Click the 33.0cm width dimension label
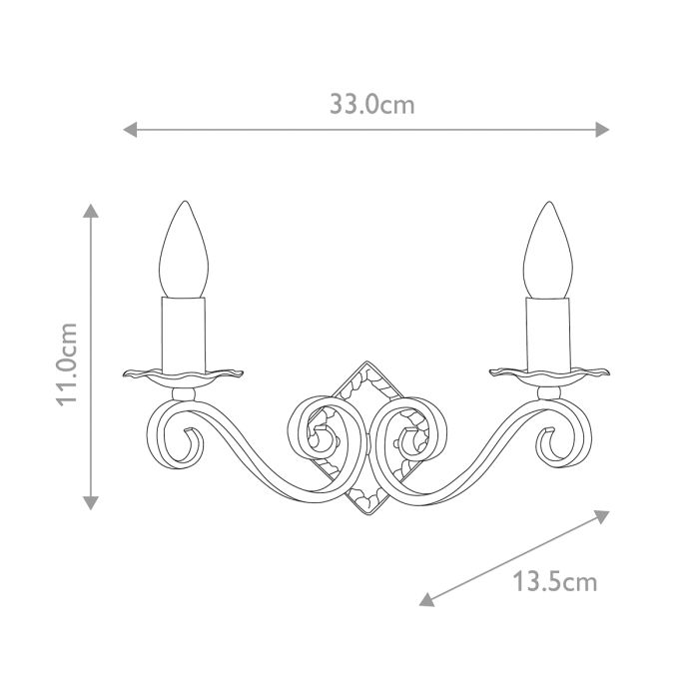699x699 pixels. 371,104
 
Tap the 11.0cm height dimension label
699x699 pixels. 68,364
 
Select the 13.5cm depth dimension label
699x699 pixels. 555,580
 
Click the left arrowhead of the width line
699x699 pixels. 129,129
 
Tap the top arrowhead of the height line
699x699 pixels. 91,212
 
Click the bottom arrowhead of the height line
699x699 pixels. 91,502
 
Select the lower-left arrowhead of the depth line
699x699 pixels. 425,600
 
